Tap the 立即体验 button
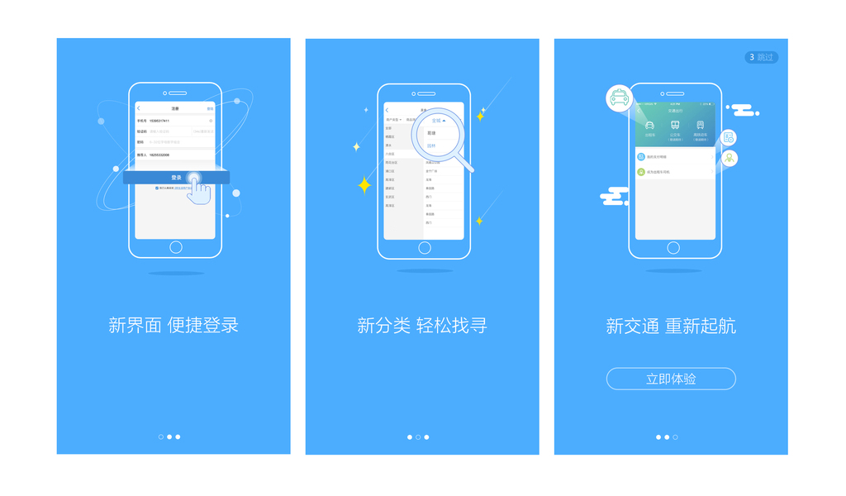click(671, 379)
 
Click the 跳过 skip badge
click(761, 57)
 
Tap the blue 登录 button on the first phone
click(176, 178)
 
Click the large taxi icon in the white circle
click(619, 98)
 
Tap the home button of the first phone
click(176, 247)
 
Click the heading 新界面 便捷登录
click(173, 325)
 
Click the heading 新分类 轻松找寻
click(422, 326)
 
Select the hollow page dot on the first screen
click(161, 436)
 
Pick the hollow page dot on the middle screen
click(418, 436)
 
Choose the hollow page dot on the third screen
click(675, 436)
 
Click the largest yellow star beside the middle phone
click(364, 185)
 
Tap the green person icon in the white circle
click(730, 158)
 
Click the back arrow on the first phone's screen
click(139, 108)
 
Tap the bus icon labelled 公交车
click(675, 125)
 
